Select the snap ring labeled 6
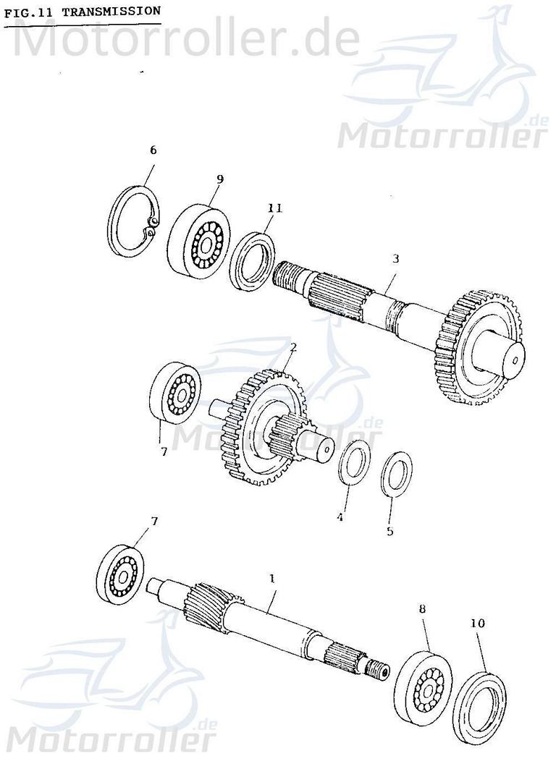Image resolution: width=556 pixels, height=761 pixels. [135, 221]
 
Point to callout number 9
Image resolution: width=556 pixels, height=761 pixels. [219, 179]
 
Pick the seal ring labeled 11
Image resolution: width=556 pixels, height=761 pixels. [252, 260]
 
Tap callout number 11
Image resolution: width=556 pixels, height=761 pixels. [274, 209]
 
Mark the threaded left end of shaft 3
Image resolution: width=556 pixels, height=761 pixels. [290, 276]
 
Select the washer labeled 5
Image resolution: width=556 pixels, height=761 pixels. [396, 475]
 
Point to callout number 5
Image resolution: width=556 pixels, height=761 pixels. [389, 532]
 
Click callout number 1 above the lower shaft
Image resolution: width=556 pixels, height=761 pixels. [272, 579]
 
